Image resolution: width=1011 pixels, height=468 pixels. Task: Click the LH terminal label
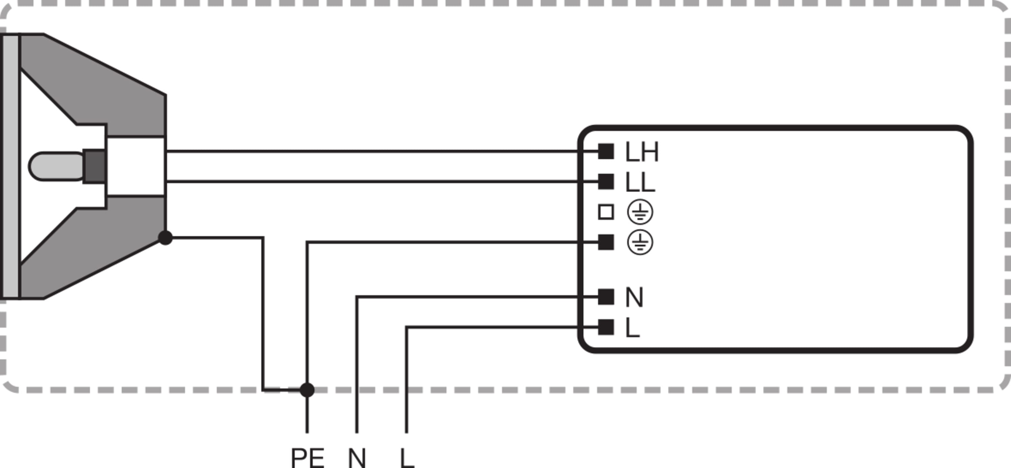pos(642,152)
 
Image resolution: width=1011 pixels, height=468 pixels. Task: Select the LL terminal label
pos(640,182)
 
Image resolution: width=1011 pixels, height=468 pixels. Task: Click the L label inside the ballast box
pos(632,328)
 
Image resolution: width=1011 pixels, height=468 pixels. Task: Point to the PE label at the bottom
pos(307,458)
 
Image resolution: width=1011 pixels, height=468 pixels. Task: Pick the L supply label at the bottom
pos(407,458)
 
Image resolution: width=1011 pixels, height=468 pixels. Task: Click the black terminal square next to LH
pos(606,151)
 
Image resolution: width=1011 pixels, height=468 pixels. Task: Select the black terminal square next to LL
pos(606,181)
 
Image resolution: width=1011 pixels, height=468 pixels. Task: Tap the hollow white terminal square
pos(606,212)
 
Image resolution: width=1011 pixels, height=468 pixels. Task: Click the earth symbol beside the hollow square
pos(640,212)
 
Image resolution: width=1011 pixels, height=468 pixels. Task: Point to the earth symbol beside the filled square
pos(640,242)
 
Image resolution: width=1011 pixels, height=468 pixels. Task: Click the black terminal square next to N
pos(606,297)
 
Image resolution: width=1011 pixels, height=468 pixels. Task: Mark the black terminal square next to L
pos(606,327)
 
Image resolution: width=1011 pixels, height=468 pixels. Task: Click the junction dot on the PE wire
pos(307,390)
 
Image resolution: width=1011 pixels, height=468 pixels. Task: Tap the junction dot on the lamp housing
pos(165,237)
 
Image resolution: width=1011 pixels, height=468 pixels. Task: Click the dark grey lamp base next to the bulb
pos(95,166)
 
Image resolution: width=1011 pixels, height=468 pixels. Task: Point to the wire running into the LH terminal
pos(373,151)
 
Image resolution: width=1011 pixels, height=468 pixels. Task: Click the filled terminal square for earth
pos(606,242)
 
